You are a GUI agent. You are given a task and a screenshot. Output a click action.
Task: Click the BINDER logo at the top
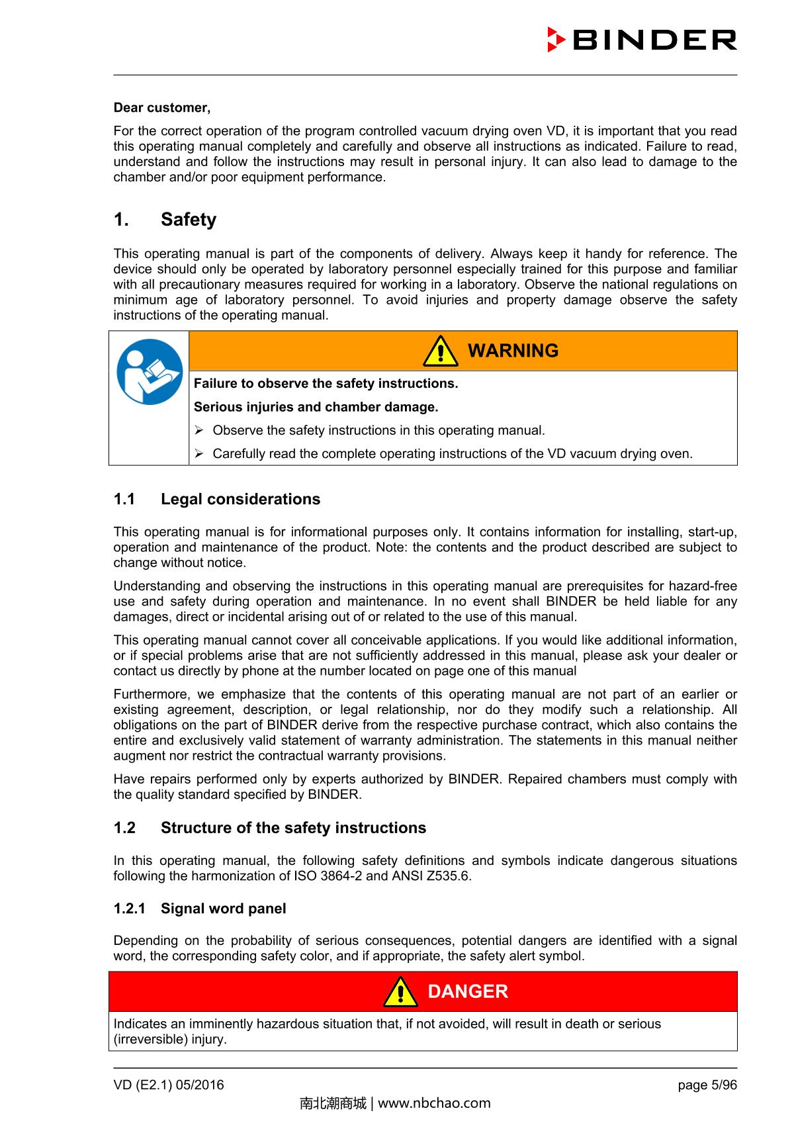(642, 40)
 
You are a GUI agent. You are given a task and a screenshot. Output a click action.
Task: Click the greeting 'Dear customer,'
(162, 107)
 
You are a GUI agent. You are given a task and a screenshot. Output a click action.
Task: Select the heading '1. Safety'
(165, 220)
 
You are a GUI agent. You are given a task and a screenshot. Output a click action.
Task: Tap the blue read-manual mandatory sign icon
(150, 371)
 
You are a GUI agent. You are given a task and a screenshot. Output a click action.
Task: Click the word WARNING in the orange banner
(513, 351)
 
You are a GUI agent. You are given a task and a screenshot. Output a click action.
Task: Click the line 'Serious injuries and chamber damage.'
(316, 406)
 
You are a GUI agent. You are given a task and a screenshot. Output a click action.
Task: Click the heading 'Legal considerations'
(240, 499)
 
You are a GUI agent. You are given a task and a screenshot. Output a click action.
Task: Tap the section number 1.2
(124, 828)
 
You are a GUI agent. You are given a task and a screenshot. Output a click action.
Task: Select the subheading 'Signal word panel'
(223, 909)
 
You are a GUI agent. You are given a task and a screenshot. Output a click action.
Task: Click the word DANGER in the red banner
(468, 991)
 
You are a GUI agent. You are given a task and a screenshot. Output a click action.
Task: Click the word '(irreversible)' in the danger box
(151, 1039)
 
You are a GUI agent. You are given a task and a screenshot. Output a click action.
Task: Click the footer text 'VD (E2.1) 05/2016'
(169, 1085)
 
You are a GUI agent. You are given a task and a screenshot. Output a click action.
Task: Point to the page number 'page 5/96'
(707, 1085)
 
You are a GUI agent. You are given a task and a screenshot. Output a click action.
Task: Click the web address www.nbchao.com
(433, 1103)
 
